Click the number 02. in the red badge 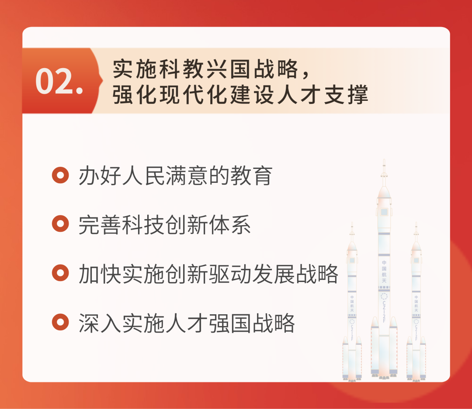point(59,81)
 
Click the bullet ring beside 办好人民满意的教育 point(60,175)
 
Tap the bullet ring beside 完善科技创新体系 point(60,224)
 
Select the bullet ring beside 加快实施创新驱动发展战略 point(60,273)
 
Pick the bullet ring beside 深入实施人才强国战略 point(60,322)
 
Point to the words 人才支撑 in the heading point(323,95)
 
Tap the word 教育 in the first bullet point(252,175)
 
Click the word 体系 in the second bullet point(230,225)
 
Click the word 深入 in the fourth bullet point(100,323)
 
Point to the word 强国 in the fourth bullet point(230,323)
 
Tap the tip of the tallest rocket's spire point(384,160)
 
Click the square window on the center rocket point(384,212)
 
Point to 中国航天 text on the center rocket point(384,272)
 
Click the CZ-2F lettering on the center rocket point(384,311)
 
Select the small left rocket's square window point(352,260)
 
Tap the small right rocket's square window point(416,260)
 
